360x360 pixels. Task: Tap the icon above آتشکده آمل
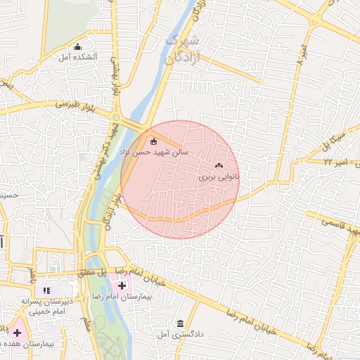point(77,46)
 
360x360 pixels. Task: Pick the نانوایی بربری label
point(219,179)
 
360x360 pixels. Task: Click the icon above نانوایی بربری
point(218,167)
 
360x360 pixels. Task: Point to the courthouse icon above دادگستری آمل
point(181,323)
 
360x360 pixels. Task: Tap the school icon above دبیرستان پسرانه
point(46,289)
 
